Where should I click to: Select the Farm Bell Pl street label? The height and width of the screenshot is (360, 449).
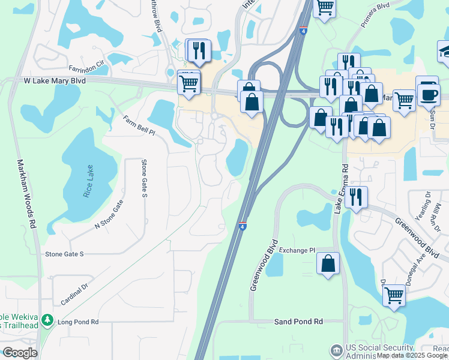coord(139,127)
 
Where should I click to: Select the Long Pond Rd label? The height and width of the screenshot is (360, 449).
coord(78,322)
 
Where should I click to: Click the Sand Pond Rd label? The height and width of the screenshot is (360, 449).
coord(298,322)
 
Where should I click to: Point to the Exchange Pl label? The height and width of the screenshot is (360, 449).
coord(297,250)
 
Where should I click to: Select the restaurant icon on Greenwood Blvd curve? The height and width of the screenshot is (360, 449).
coord(357,196)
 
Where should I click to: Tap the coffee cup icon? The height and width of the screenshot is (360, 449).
coord(429,94)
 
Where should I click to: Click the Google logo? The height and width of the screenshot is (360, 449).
coord(20,353)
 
